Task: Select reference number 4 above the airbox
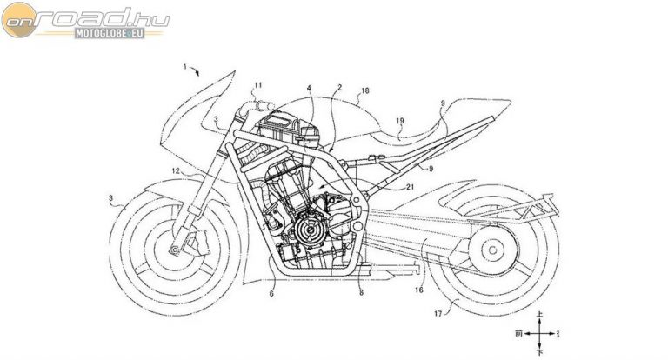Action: [x=308, y=89]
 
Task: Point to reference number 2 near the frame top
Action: [x=340, y=89]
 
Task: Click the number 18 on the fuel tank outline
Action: [x=364, y=90]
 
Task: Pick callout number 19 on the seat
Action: [x=400, y=122]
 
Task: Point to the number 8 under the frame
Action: [x=360, y=294]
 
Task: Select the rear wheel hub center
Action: [x=486, y=254]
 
